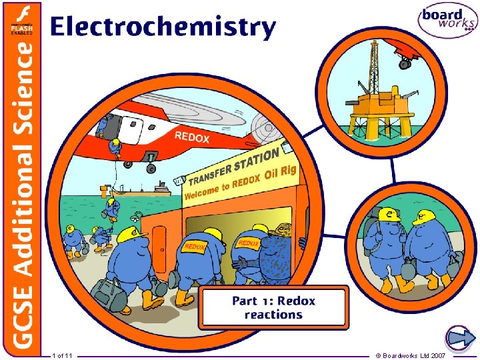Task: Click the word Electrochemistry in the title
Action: (162, 27)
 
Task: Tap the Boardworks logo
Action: (447, 22)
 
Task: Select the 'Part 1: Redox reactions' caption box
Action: (273, 307)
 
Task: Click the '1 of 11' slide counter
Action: (63, 355)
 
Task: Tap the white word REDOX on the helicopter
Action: (192, 138)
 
